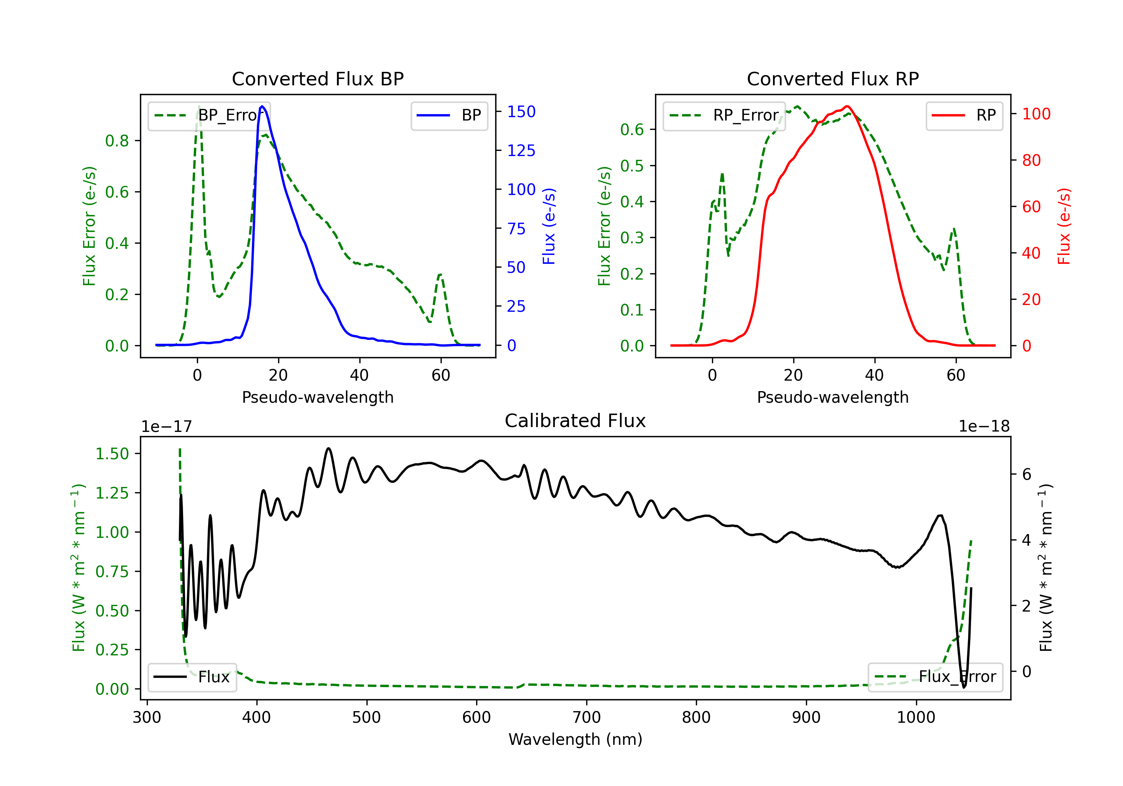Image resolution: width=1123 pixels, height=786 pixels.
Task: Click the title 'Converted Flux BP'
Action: click(x=318, y=79)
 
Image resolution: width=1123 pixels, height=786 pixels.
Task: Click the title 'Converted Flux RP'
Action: click(x=833, y=79)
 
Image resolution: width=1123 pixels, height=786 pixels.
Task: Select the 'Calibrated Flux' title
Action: click(x=575, y=421)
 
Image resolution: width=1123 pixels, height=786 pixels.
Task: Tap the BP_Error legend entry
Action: click(x=209, y=115)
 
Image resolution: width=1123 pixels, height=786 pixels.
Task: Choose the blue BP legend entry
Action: click(x=449, y=115)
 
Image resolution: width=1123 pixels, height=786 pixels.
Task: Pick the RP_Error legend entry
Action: click(x=724, y=115)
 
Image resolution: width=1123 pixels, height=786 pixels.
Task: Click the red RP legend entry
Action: click(x=964, y=115)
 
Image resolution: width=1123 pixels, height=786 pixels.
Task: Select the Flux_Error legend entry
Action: click(x=935, y=677)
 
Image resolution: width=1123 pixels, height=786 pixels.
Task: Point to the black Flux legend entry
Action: click(x=192, y=677)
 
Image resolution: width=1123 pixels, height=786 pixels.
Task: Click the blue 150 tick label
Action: click(x=521, y=112)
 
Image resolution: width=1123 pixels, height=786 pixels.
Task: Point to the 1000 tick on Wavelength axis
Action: click(x=916, y=718)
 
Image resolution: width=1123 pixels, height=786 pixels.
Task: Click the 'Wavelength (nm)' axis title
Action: click(x=575, y=740)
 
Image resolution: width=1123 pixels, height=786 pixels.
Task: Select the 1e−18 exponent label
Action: click(x=984, y=427)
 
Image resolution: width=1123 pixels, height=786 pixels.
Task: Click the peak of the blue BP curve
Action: click(x=262, y=106)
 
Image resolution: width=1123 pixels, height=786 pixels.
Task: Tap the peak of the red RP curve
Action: click(x=847, y=106)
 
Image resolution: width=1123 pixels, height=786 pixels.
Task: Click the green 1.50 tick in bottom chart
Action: click(x=112, y=454)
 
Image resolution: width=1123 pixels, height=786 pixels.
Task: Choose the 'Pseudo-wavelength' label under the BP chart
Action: click(x=318, y=397)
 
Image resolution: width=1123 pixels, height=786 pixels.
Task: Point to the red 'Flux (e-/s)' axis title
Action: click(x=1064, y=226)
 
